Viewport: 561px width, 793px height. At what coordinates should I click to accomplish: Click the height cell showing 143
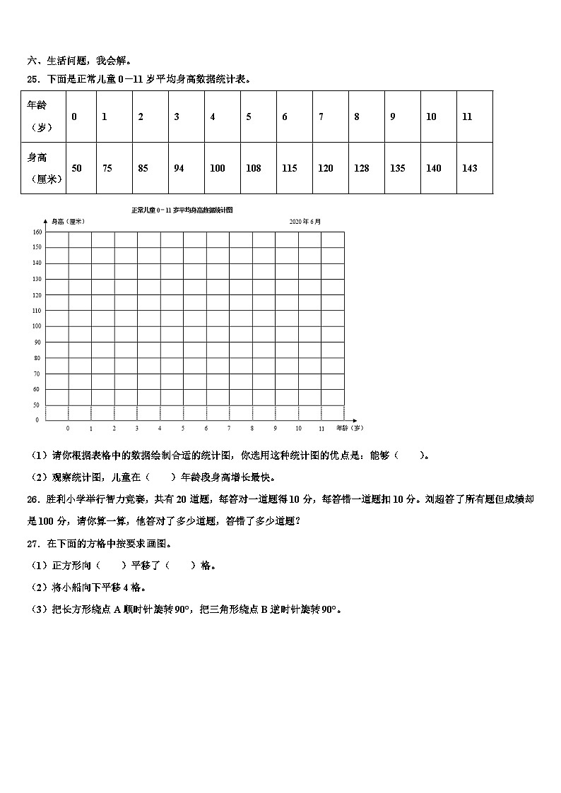click(469, 168)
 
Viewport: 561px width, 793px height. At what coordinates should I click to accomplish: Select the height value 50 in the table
click(76, 168)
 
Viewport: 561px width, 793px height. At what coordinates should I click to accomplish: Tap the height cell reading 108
click(253, 168)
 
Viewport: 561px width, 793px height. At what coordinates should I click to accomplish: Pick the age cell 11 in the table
click(467, 117)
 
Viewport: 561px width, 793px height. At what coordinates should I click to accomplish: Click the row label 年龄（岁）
click(40, 117)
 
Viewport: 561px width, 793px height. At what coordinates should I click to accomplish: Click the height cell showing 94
click(179, 168)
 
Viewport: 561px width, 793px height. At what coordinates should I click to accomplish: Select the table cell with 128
click(361, 168)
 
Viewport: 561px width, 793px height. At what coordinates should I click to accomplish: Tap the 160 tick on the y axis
click(37, 232)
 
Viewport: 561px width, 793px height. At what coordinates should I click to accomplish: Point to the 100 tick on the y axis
click(37, 326)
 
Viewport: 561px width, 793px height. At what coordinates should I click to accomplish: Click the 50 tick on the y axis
click(37, 405)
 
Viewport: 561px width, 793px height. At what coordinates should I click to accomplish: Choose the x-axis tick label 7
click(229, 429)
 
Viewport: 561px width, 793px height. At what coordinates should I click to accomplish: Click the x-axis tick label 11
click(321, 429)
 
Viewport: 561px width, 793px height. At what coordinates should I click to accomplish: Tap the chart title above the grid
click(182, 210)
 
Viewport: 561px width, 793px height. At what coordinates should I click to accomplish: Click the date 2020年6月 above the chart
click(305, 221)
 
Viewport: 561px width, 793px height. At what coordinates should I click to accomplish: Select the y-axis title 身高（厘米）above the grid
click(68, 222)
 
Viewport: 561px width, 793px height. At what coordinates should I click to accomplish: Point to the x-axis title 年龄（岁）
click(349, 428)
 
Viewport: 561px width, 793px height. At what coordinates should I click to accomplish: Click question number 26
click(33, 499)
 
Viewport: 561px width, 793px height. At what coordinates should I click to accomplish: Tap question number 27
click(33, 544)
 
